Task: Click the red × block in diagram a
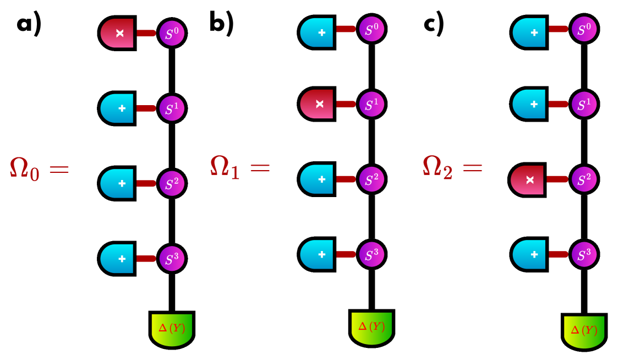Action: pyautogui.click(x=118, y=33)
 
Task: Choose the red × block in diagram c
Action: pyautogui.click(x=528, y=179)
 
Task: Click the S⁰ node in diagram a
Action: pyautogui.click(x=172, y=33)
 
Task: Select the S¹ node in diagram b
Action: pyautogui.click(x=372, y=103)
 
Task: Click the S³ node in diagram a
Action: pyautogui.click(x=172, y=257)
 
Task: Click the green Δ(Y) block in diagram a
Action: pyautogui.click(x=172, y=329)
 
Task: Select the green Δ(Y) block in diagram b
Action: pyautogui.click(x=372, y=327)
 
